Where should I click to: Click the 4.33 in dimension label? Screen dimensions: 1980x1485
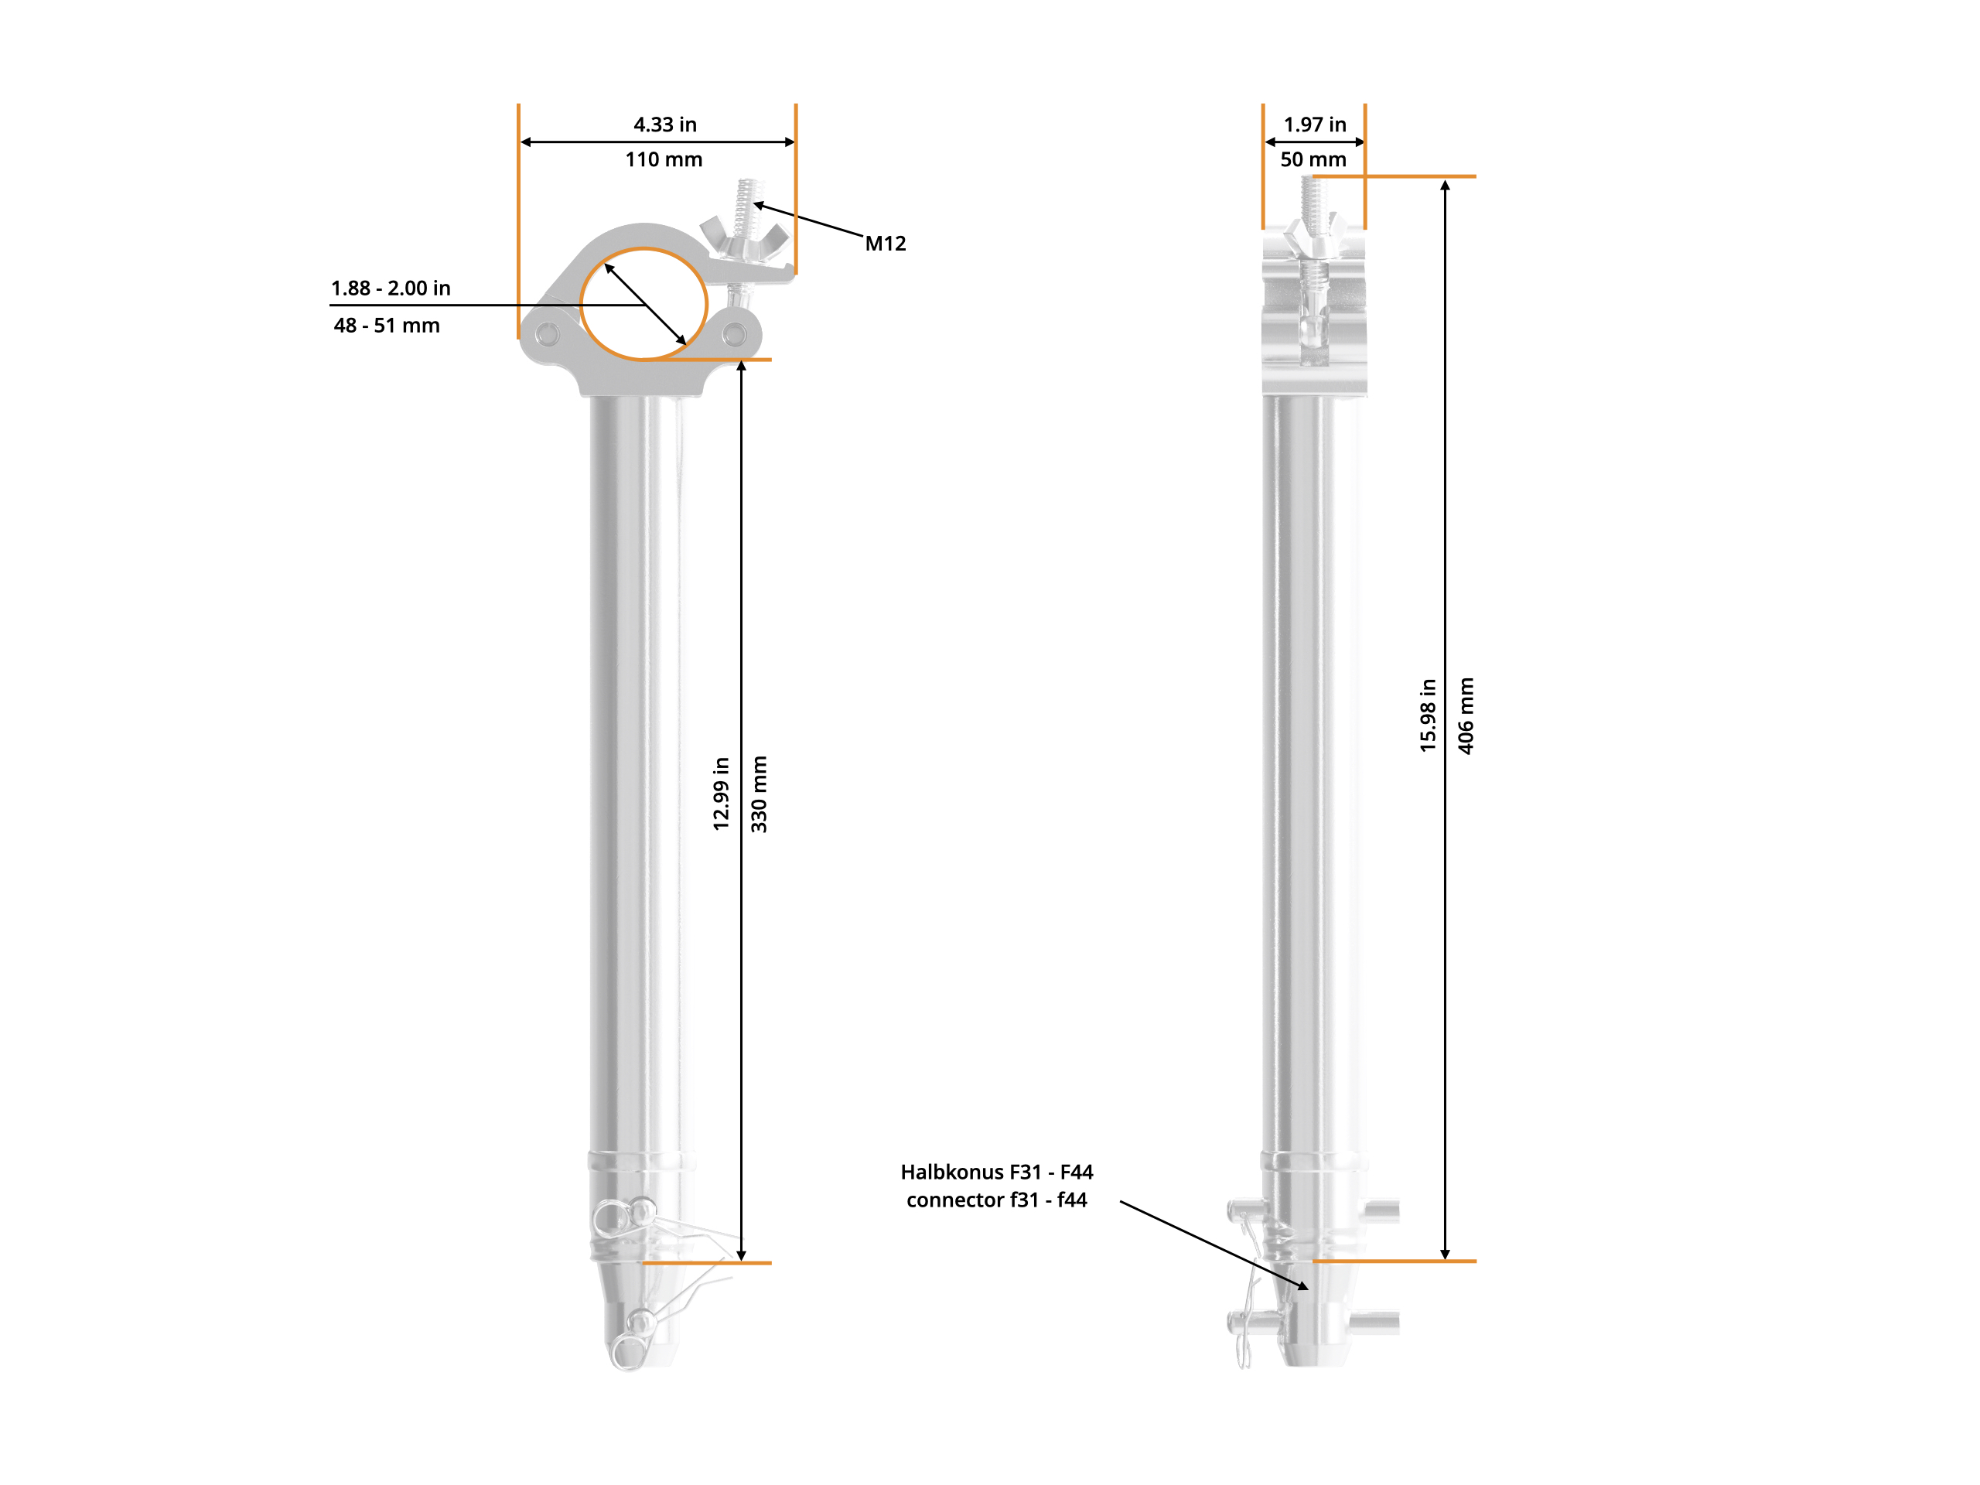(665, 125)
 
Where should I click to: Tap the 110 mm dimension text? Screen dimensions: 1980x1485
(664, 159)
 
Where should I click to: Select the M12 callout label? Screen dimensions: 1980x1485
(886, 244)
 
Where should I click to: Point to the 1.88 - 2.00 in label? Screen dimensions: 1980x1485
(391, 288)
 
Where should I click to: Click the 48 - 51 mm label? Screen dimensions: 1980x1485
(387, 325)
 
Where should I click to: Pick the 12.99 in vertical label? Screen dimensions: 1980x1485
(722, 794)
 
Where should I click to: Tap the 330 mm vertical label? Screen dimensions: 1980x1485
(759, 794)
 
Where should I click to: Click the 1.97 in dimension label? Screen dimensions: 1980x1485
(1315, 125)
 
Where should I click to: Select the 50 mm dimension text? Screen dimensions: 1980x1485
(1313, 159)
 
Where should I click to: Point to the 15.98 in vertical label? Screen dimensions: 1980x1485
(1428, 715)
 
